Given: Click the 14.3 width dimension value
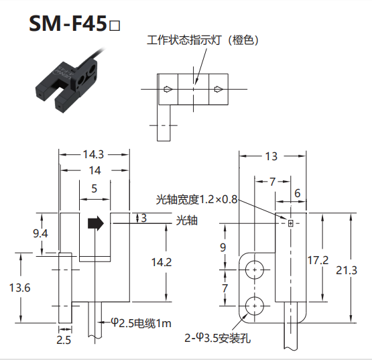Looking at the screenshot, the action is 93,155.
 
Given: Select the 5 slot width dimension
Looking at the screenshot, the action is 95,188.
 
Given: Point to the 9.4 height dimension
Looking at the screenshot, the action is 40,234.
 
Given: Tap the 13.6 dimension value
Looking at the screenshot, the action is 19,288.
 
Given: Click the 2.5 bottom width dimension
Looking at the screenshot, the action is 64,340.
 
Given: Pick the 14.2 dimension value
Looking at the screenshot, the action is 162,262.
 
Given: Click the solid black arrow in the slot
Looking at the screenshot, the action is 96,223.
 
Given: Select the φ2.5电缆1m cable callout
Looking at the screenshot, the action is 141,323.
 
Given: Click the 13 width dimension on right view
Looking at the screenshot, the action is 271,156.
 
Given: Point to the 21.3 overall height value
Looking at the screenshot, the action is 347,271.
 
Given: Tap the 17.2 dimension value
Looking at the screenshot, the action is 318,260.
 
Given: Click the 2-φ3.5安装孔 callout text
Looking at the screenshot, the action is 218,338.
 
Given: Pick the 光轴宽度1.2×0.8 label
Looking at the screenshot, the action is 196,199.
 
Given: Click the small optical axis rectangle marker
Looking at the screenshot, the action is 291,223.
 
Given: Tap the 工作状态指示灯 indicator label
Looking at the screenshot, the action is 184,40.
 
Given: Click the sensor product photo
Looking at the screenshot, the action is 69,82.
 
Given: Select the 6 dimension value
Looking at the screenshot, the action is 298,193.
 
